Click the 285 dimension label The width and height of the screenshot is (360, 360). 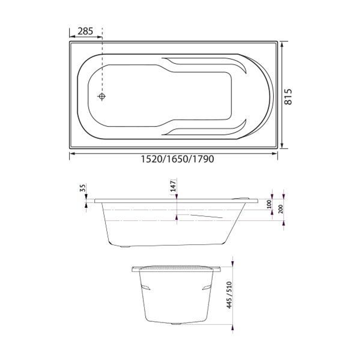pyautogui.click(x=85, y=31)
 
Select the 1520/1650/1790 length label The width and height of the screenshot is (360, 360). pyautogui.click(x=177, y=159)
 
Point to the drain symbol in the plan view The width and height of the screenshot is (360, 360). pyautogui.click(x=102, y=97)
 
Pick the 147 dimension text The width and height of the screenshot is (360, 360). pyautogui.click(x=173, y=185)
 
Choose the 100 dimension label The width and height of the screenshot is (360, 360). pyautogui.click(x=269, y=204)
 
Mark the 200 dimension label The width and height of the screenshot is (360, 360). pyautogui.click(x=280, y=209)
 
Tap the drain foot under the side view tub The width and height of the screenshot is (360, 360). pyautogui.click(x=125, y=247)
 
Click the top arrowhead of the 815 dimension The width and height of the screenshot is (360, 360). pyautogui.click(x=282, y=44)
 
